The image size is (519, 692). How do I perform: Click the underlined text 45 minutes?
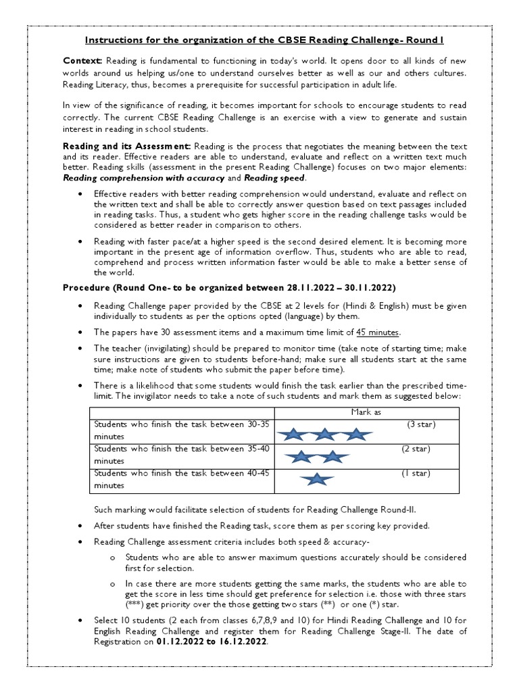pos(378,332)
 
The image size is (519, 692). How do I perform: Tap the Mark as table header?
pos(366,412)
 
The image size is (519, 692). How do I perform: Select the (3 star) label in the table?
pos(421,424)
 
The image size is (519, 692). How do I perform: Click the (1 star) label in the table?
pos(416,473)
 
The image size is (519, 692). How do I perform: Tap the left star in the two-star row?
pos(300,457)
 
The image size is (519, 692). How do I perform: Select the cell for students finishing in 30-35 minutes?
pos(181,430)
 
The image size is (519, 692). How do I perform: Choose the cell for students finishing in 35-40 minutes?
pos(181,453)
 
